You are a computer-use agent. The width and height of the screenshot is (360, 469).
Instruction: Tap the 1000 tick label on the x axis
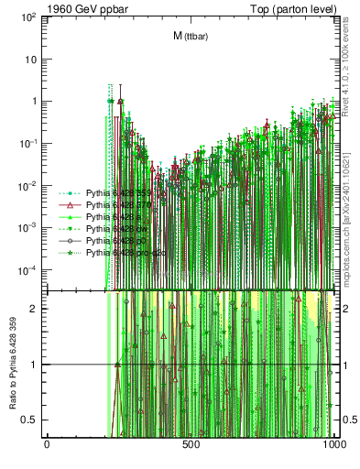(334, 446)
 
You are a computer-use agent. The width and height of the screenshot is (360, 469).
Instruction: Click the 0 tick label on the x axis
(47, 446)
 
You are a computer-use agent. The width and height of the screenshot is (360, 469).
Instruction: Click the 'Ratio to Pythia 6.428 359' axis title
(12, 365)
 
